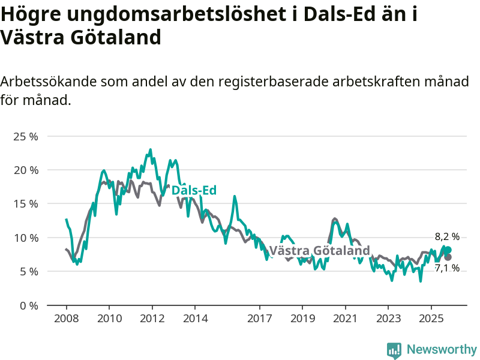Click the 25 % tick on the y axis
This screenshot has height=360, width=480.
coord(25,136)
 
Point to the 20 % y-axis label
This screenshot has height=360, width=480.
coord(25,170)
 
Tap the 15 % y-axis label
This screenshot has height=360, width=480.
coord(25,203)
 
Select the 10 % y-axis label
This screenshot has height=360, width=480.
coord(25,238)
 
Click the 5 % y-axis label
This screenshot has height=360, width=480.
coord(28,271)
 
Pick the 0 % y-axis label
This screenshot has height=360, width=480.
coord(28,305)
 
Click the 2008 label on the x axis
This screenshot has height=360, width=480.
coord(65,318)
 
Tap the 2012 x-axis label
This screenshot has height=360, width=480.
coord(152,318)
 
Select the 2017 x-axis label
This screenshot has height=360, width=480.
coord(259,318)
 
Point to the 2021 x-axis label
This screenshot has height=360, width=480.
coord(345,318)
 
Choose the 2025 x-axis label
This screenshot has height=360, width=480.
coord(431,318)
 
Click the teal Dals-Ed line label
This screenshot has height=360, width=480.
coord(194,190)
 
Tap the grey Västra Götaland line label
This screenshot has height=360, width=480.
coord(319,250)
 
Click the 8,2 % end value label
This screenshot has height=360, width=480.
coord(447,237)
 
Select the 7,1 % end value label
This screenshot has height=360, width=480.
coord(447,268)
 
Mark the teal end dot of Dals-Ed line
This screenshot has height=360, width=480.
coord(448,250)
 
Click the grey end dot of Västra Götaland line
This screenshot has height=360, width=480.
coord(448,257)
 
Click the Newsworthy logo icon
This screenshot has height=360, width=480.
coord(394,350)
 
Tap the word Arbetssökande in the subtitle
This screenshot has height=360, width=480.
coord(48,81)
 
